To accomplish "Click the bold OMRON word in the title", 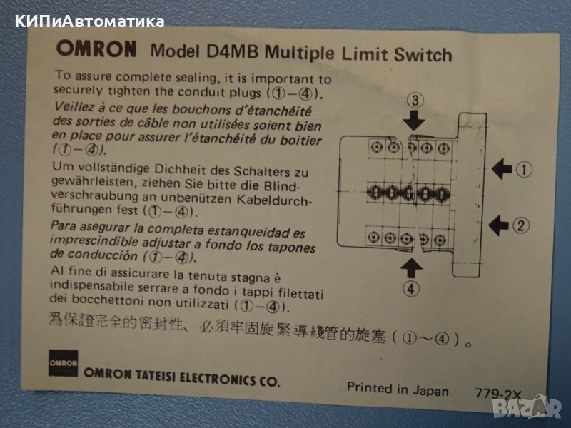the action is point(96,49).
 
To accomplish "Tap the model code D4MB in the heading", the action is point(233,51).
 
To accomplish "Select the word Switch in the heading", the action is point(423,55).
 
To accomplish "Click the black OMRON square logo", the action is point(63,363).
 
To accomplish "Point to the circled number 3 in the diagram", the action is point(415,100).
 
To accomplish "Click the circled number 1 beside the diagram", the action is point(525,170).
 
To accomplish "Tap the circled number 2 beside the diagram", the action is point(521,225).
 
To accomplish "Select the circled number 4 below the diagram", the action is point(411,289).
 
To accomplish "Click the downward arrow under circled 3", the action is point(414,120).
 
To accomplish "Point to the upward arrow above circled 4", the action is point(412,268).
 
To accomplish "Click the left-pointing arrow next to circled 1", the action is point(502,169).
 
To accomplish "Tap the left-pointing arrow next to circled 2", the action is point(499,225).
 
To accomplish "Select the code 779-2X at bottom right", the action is point(498,394).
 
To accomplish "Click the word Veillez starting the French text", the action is point(74,107).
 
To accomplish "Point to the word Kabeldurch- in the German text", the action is point(275,200).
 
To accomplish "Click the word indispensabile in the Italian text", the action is point(92,286).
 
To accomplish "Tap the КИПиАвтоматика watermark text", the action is point(90,22).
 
